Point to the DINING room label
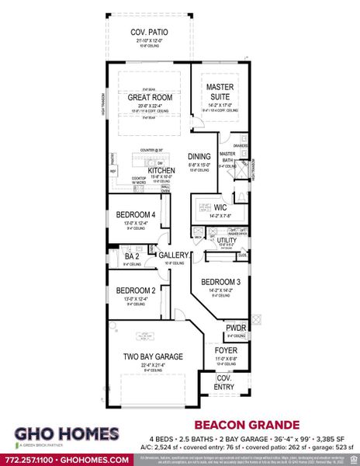pos(199,156)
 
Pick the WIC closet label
pos(220,207)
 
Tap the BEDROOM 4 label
pos(137,215)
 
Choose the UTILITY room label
pos(227,241)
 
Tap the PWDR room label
pos(236,329)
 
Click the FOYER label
pos(225,350)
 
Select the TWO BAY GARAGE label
pos(153,356)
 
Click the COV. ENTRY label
pos(223,383)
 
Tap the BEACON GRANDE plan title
pos(235,425)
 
